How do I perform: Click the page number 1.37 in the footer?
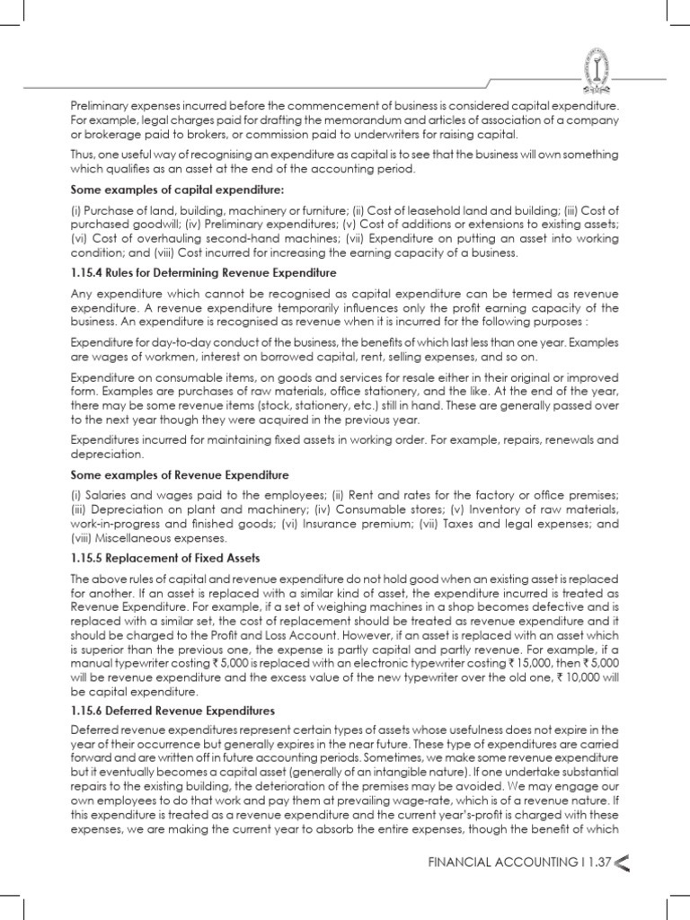point(595,862)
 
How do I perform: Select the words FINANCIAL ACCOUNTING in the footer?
point(493,862)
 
